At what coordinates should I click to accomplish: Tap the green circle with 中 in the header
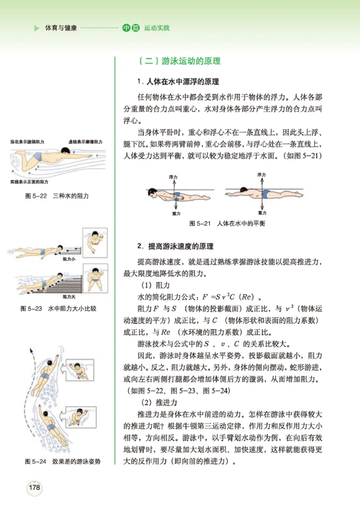point(126,28)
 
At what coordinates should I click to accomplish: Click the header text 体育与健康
point(61,28)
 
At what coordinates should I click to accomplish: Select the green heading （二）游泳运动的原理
point(180,61)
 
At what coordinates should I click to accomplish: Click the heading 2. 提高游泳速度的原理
point(175,247)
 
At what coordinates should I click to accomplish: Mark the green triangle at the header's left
point(37,28)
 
